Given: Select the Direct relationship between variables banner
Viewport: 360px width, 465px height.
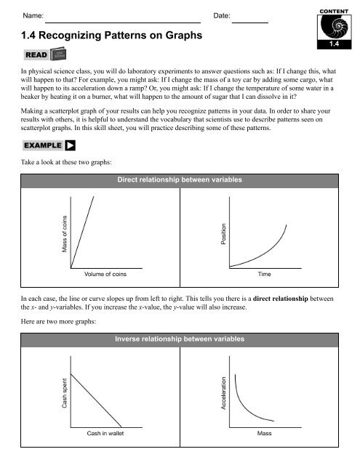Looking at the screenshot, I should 179,179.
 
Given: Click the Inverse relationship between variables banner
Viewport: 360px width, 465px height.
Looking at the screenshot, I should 179,339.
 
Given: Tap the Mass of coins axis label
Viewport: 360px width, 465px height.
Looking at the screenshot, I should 65,234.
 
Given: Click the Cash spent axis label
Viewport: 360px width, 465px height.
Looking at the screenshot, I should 65,392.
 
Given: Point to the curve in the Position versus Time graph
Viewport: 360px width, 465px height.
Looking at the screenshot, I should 269,251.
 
